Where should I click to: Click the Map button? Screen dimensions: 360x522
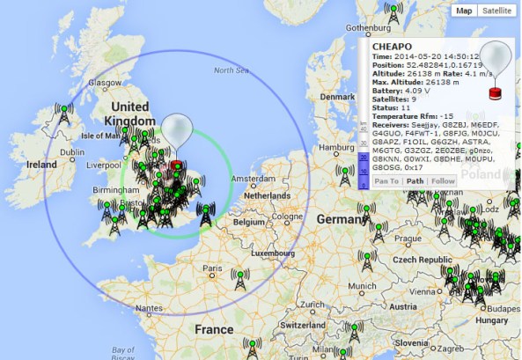coord(463,11)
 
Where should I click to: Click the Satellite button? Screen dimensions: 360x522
coord(496,11)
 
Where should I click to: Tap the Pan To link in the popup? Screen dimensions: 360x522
coord(386,181)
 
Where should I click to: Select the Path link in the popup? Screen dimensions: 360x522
coord(415,181)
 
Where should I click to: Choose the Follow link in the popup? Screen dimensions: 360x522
coord(443,181)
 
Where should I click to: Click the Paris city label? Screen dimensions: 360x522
coord(211,268)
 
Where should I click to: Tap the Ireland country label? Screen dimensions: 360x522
coord(42,165)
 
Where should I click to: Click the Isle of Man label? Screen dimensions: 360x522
coord(99,136)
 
